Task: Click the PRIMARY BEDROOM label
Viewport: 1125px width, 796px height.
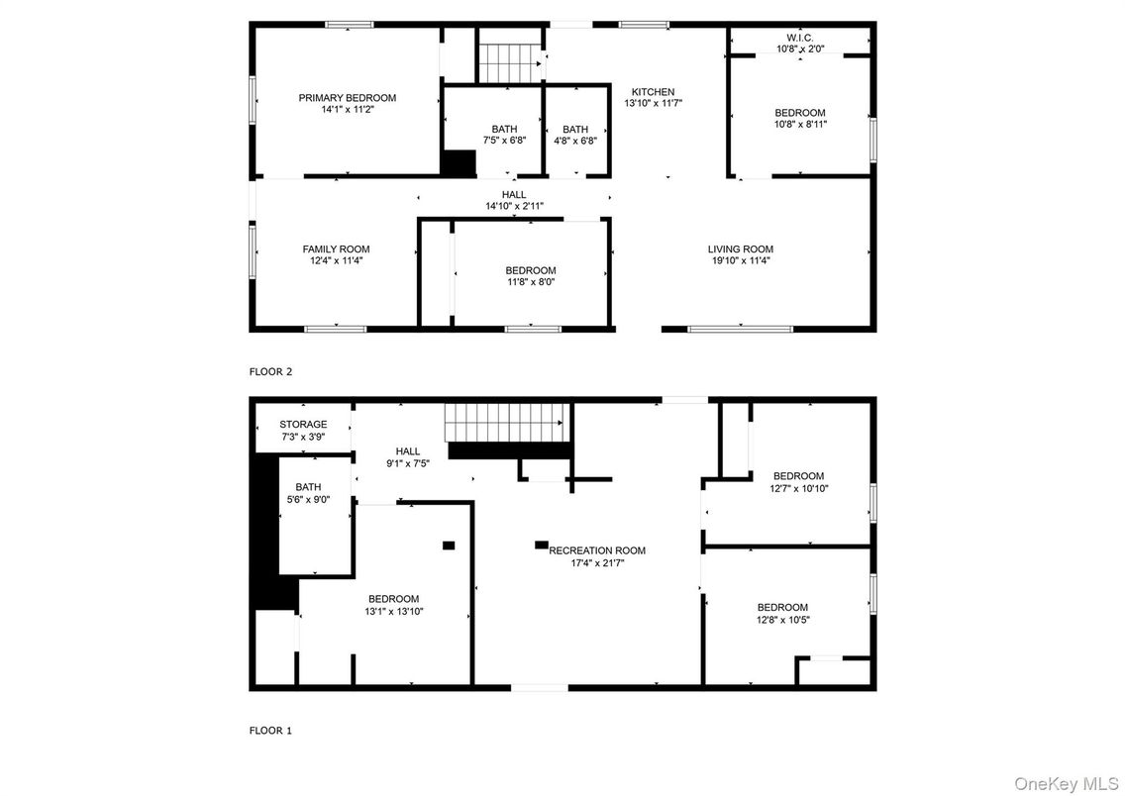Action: click(x=348, y=98)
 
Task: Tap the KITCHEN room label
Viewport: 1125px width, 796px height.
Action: click(x=653, y=92)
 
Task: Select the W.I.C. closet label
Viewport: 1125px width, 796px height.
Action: click(x=799, y=37)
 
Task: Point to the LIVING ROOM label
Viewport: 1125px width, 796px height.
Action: click(x=740, y=249)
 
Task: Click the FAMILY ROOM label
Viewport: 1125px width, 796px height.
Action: click(x=336, y=249)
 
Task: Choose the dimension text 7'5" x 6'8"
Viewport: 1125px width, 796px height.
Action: click(x=503, y=141)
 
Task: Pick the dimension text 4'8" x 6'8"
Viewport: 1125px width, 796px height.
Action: click(x=575, y=141)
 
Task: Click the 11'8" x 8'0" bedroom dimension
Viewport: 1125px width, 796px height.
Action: click(x=530, y=281)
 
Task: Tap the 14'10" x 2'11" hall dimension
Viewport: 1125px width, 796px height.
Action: click(x=513, y=206)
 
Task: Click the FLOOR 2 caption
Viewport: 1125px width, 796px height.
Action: click(x=270, y=372)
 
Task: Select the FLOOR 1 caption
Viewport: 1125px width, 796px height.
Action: click(x=270, y=731)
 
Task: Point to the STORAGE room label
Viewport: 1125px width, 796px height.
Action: click(x=302, y=425)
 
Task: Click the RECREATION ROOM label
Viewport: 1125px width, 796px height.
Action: click(x=597, y=550)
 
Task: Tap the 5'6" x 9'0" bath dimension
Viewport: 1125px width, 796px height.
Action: click(x=307, y=499)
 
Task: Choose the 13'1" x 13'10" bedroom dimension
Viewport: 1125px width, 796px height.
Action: click(x=393, y=611)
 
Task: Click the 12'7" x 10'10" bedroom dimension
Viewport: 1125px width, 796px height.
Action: click(x=798, y=488)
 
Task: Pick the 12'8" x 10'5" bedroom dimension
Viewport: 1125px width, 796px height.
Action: click(x=782, y=620)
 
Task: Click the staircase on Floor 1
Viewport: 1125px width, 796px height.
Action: click(x=507, y=423)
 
